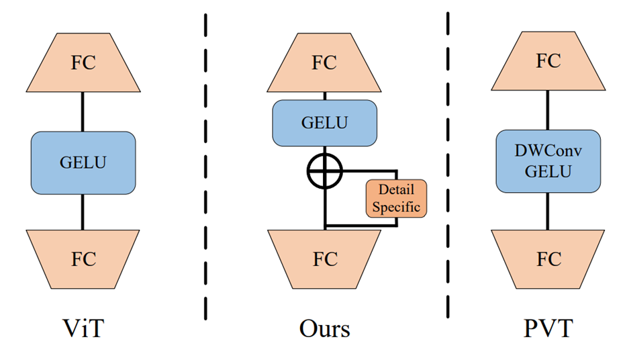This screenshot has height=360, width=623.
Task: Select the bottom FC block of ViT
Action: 83,259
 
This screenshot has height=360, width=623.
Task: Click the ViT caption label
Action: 83,329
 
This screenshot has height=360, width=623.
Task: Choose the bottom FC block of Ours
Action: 324,259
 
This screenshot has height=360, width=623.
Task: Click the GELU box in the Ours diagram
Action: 324,123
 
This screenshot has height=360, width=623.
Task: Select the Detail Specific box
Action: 396,198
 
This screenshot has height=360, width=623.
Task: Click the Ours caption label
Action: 324,329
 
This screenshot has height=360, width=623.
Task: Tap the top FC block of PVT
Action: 548,61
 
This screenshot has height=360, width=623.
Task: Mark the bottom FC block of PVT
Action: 548,259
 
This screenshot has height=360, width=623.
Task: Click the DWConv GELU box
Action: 548,161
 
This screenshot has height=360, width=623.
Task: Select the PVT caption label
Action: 548,329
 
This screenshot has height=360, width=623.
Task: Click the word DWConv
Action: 548,152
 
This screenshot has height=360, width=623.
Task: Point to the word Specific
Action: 396,207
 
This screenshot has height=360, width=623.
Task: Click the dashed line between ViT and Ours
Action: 204,168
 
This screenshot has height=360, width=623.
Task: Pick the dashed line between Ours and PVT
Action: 448,168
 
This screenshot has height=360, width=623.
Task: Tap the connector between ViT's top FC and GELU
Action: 83,111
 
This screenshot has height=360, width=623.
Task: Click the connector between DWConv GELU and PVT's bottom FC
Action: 548,211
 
